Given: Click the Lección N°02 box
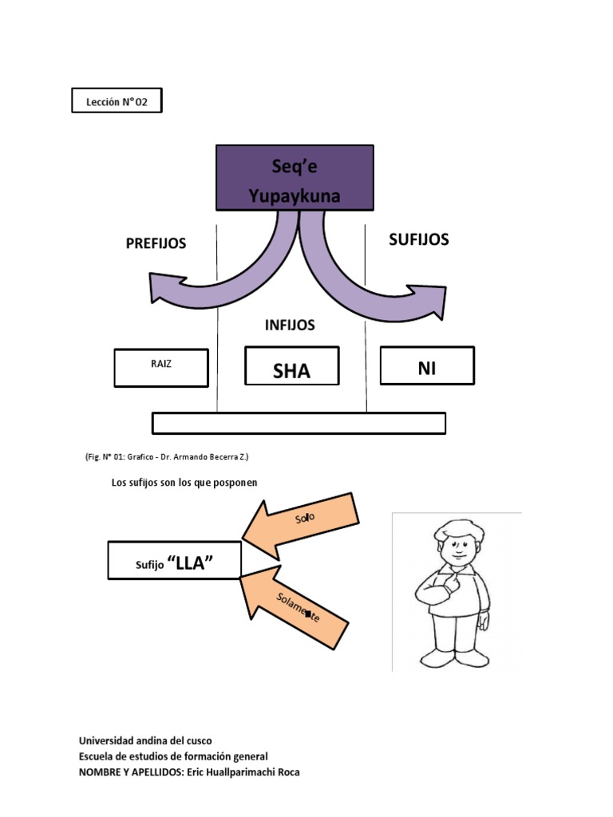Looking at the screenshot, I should pyautogui.click(x=117, y=101).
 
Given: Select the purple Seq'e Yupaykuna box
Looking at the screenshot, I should pyautogui.click(x=295, y=179).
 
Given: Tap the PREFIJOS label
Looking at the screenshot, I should pyautogui.click(x=156, y=243).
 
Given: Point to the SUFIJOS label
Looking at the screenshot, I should pyautogui.click(x=418, y=239).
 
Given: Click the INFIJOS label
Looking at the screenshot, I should pyautogui.click(x=289, y=325).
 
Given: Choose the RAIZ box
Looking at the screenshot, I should pyautogui.click(x=161, y=367).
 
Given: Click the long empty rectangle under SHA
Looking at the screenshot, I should pyautogui.click(x=299, y=423).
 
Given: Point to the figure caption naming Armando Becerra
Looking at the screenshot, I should pyautogui.click(x=167, y=457).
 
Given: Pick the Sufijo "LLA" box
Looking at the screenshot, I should pyautogui.click(x=173, y=560).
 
